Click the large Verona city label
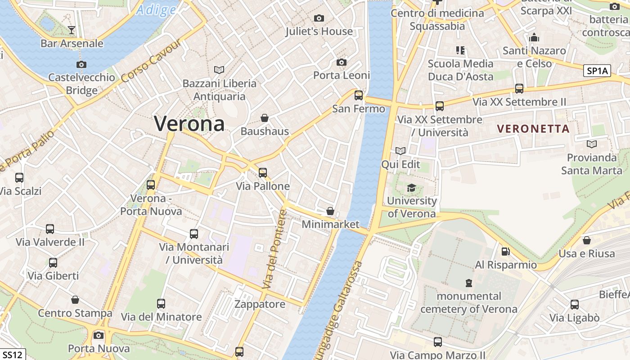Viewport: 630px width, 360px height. (189, 123)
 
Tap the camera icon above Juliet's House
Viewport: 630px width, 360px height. (319, 18)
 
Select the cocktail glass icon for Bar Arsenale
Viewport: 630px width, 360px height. (71, 30)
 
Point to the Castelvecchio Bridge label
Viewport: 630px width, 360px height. (81, 84)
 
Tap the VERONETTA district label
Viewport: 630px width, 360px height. (533, 129)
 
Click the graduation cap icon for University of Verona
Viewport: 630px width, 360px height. (411, 187)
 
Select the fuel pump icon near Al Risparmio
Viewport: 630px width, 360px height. (506, 251)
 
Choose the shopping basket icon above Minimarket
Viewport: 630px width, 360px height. (330, 211)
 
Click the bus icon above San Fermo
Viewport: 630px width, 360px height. (359, 95)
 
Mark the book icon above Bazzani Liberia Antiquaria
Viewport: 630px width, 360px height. (219, 70)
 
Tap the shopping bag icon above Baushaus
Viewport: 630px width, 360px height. (265, 118)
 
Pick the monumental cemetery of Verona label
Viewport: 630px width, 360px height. (469, 302)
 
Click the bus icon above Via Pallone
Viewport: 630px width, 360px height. (263, 172)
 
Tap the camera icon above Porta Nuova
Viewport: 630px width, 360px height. (99, 335)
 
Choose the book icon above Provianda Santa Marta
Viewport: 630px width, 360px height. (592, 144)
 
